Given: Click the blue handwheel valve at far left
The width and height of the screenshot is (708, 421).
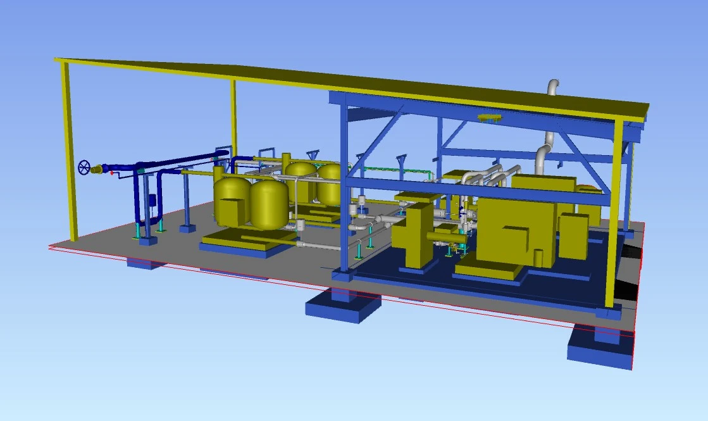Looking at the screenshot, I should pyautogui.click(x=84, y=168).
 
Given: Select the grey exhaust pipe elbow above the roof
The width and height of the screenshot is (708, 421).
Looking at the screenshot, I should pyautogui.click(x=553, y=87).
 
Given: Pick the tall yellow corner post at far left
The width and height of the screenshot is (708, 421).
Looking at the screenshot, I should pyautogui.click(x=68, y=152).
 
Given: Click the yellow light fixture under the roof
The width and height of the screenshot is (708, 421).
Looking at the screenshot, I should pyautogui.click(x=490, y=118).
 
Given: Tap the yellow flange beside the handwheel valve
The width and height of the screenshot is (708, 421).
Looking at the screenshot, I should pyautogui.click(x=97, y=169).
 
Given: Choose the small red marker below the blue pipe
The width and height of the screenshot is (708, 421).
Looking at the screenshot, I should pyautogui.click(x=112, y=173).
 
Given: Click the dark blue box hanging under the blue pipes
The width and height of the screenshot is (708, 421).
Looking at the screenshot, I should pyautogui.click(x=152, y=199).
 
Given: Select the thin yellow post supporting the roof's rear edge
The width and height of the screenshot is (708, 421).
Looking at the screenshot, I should pyautogui.click(x=233, y=117).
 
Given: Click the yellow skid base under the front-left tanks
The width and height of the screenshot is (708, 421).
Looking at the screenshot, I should pyautogui.click(x=244, y=244).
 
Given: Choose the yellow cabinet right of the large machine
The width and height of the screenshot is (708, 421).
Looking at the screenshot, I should pyautogui.click(x=573, y=236).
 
